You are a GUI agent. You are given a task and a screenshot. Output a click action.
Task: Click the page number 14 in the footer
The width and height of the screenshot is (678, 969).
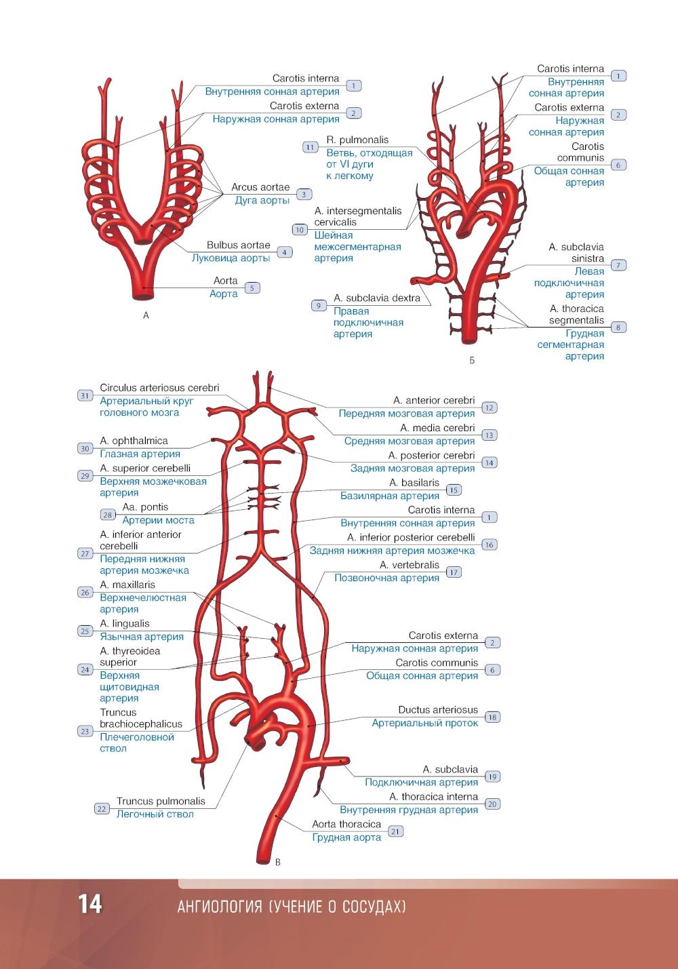pyautogui.click(x=89, y=905)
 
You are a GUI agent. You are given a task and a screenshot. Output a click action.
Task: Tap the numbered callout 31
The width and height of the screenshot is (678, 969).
pyautogui.click(x=85, y=395)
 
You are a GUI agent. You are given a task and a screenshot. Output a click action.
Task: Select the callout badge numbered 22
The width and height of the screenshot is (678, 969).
pyautogui.click(x=102, y=808)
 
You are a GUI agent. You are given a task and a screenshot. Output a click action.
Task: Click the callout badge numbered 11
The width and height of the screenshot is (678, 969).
pyautogui.click(x=310, y=147)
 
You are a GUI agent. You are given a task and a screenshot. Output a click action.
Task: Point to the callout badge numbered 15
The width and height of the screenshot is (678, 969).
pyautogui.click(x=453, y=490)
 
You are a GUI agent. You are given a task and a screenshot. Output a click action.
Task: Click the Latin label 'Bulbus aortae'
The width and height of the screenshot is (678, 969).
pyautogui.click(x=238, y=245)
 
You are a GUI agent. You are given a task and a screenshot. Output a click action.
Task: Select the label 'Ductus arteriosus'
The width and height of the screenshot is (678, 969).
pyautogui.click(x=438, y=710)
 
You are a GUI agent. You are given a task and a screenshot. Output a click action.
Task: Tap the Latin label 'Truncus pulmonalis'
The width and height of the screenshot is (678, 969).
pyautogui.click(x=161, y=801)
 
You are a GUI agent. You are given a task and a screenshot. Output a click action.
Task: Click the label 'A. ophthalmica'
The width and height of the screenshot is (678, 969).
pyautogui.click(x=134, y=441)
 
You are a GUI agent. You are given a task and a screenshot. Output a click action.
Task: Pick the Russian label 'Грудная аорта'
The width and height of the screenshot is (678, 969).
pyautogui.click(x=346, y=837)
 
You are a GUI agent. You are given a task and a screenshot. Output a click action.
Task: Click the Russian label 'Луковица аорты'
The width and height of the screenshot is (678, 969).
pyautogui.click(x=231, y=258)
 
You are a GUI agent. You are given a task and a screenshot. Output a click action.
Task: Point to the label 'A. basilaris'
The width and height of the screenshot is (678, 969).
pyautogui.click(x=414, y=483)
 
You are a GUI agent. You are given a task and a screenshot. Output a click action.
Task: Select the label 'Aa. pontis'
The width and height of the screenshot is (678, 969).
pyautogui.click(x=145, y=507)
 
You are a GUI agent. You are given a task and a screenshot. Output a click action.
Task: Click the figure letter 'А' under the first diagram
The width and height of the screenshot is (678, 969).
pyautogui.click(x=146, y=315)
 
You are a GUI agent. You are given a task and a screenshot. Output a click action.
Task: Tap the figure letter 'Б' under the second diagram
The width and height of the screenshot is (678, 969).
pyautogui.click(x=472, y=361)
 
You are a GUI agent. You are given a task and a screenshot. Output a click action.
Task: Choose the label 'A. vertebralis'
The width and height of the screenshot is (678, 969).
pyautogui.click(x=410, y=565)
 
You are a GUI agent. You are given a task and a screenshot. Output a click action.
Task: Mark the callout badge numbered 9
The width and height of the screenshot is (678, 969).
pyautogui.click(x=319, y=305)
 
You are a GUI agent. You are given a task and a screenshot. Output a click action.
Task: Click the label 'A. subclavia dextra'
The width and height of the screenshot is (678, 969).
pyautogui.click(x=377, y=298)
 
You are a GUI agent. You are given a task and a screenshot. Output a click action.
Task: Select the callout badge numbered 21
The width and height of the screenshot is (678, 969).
pyautogui.click(x=395, y=831)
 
